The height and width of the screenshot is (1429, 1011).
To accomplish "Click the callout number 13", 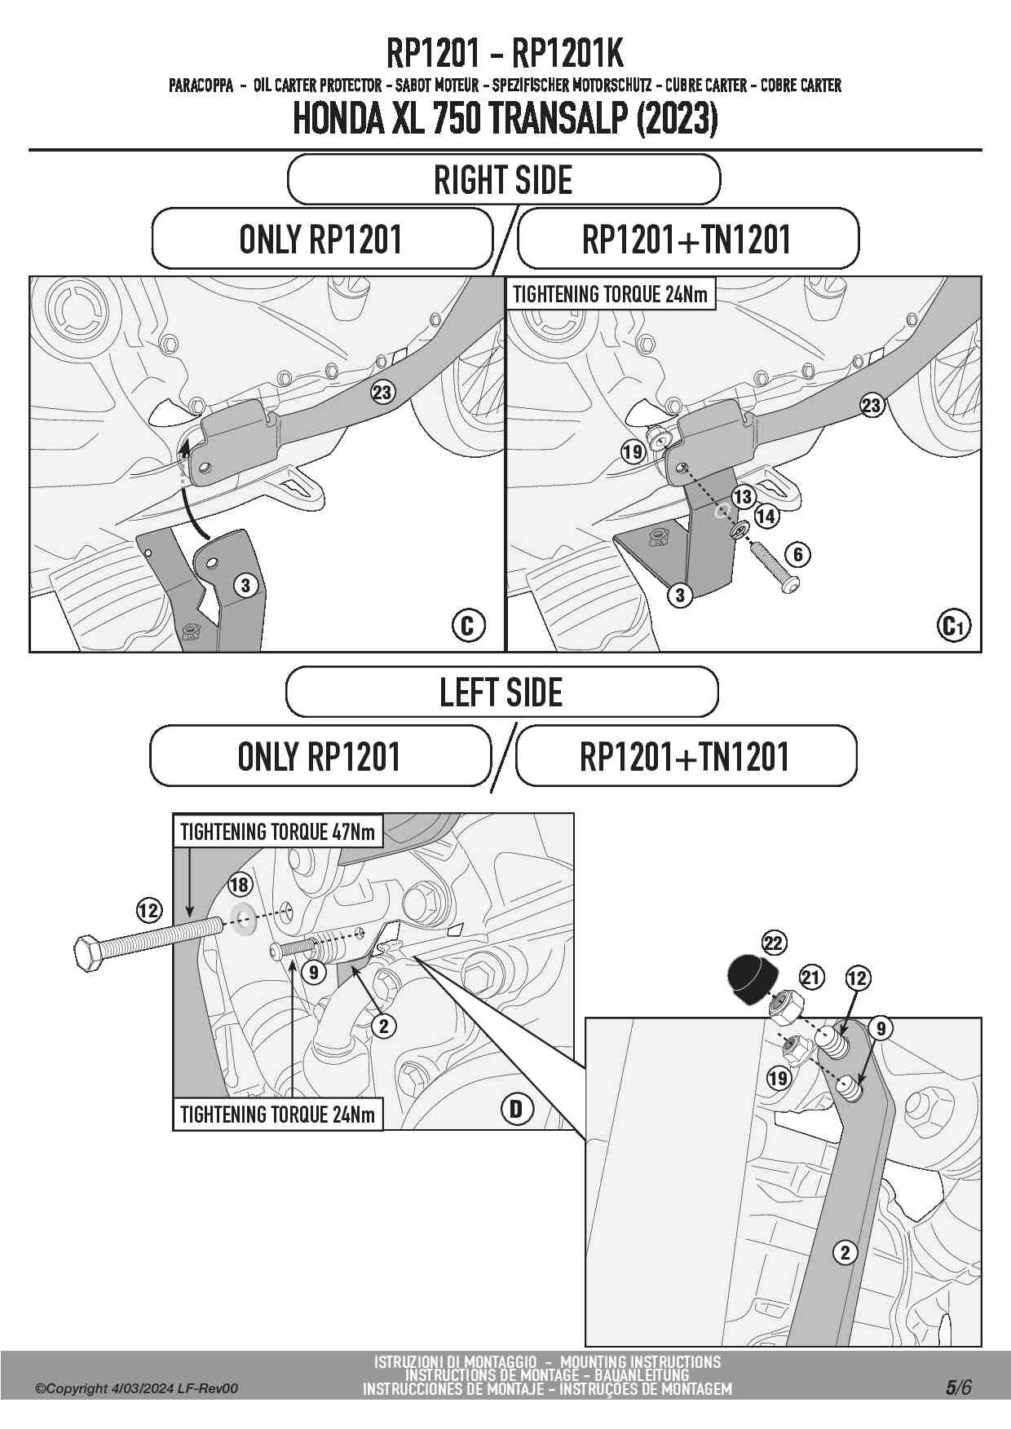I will pyautogui.click(x=743, y=496).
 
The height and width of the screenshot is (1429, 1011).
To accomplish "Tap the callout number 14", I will pyautogui.click(x=766, y=516).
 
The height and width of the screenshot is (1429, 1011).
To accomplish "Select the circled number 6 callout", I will pyautogui.click(x=797, y=555).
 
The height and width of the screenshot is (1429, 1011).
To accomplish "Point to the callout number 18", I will pyautogui.click(x=239, y=884).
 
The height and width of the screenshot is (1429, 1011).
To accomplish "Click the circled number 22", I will pyautogui.click(x=773, y=943).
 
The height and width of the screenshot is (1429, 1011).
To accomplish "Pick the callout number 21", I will pyautogui.click(x=811, y=977).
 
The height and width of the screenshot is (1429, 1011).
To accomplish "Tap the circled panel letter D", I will pyautogui.click(x=516, y=1109).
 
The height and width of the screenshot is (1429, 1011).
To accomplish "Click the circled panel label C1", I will pyautogui.click(x=953, y=626).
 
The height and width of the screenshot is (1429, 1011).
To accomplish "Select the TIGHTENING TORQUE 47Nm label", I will pyautogui.click(x=277, y=832).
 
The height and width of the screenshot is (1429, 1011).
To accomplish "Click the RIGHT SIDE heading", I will pyautogui.click(x=503, y=180).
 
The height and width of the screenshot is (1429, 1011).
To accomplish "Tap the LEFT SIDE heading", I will pyautogui.click(x=501, y=693).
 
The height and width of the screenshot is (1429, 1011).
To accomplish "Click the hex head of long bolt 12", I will pyautogui.click(x=88, y=952).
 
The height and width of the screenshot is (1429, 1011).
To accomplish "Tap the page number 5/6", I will pyautogui.click(x=958, y=1387).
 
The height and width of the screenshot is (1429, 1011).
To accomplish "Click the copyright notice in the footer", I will pyautogui.click(x=137, y=1388).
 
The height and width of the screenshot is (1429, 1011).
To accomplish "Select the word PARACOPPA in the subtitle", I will pyautogui.click(x=201, y=86).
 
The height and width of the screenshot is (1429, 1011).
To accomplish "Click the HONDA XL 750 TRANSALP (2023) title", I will pyautogui.click(x=505, y=120).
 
